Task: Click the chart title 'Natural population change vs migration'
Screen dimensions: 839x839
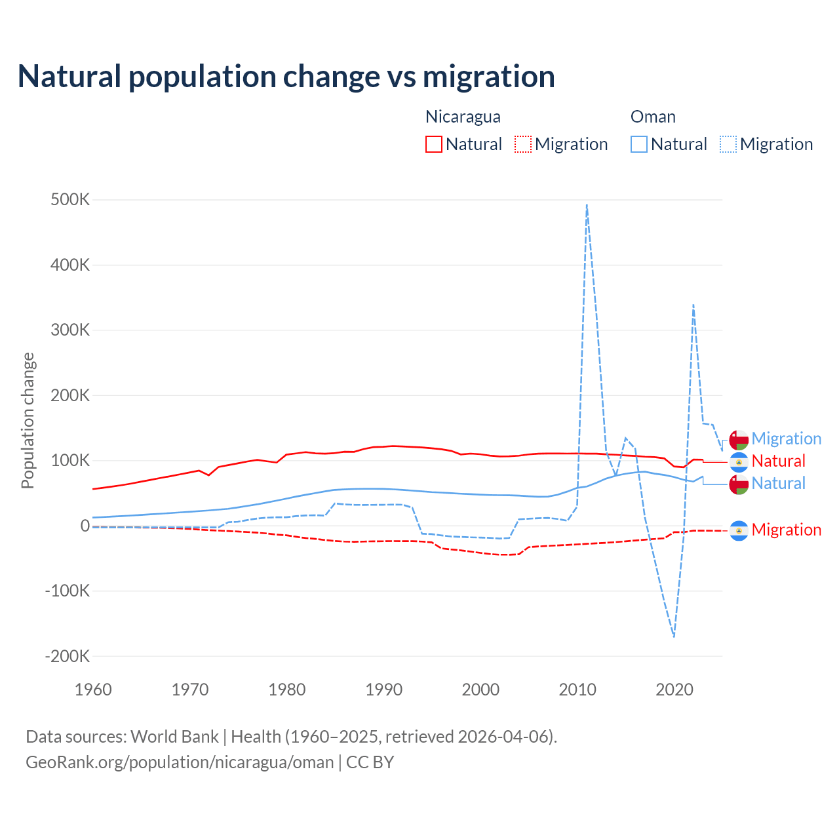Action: pyautogui.click(x=286, y=77)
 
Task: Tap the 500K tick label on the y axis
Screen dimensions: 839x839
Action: pyautogui.click(x=70, y=200)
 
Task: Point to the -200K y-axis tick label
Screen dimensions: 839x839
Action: pyautogui.click(x=67, y=656)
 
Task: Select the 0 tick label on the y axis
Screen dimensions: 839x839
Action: pyautogui.click(x=85, y=526)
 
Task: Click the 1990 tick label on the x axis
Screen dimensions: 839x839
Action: pyautogui.click(x=384, y=690)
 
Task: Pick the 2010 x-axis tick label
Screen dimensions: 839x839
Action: pyautogui.click(x=577, y=690)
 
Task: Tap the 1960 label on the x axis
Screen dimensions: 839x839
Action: pyautogui.click(x=94, y=690)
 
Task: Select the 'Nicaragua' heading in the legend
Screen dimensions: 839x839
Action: pyautogui.click(x=463, y=117)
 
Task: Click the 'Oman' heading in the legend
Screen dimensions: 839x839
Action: pyautogui.click(x=653, y=117)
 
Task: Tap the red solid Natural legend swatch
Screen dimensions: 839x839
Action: pyautogui.click(x=434, y=144)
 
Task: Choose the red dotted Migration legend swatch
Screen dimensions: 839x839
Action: pyautogui.click(x=523, y=144)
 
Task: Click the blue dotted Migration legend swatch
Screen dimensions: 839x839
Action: pyautogui.click(x=728, y=144)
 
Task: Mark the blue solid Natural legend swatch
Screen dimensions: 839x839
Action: pyautogui.click(x=639, y=144)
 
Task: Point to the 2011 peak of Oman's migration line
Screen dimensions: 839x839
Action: pyautogui.click(x=587, y=205)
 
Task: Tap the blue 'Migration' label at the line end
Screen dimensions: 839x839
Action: pyautogui.click(x=786, y=439)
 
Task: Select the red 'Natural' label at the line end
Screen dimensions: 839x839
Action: pyautogui.click(x=778, y=461)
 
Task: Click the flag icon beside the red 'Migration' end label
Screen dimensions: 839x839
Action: pyautogui.click(x=739, y=530)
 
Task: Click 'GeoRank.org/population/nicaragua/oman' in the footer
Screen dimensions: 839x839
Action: pyautogui.click(x=180, y=762)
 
